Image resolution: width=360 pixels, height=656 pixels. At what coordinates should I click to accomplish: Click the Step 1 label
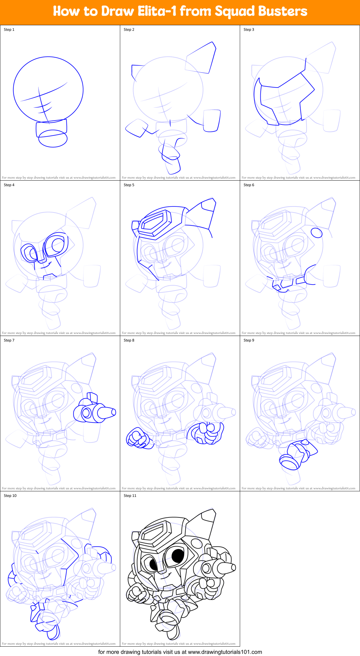[9, 30]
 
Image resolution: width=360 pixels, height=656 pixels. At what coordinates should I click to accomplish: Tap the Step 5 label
[129, 185]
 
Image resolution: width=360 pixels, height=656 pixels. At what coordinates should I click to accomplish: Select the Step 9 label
[249, 340]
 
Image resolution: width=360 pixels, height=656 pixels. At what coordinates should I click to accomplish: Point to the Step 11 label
[130, 496]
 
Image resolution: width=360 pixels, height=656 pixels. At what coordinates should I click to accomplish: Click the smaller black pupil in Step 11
[153, 564]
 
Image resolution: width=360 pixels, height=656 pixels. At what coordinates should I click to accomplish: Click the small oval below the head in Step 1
[53, 139]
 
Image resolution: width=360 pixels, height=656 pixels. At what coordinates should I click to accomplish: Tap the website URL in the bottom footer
[225, 652]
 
